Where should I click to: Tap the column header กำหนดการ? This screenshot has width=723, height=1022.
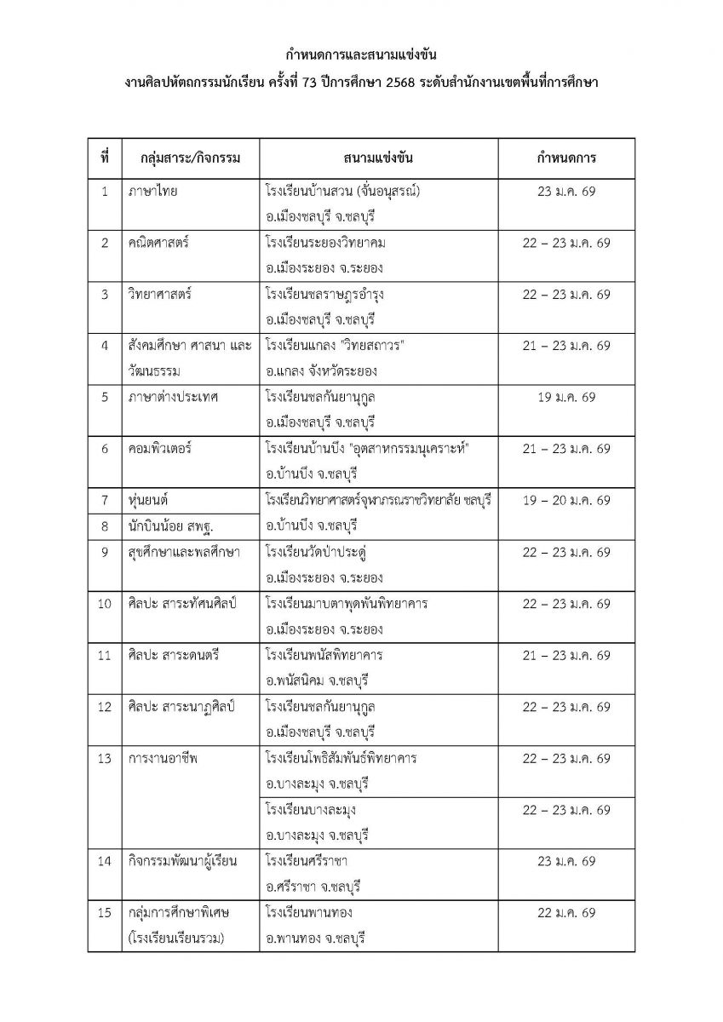[566, 158]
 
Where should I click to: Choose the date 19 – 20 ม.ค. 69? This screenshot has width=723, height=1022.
[566, 500]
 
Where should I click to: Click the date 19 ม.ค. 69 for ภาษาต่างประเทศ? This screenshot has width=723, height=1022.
[566, 397]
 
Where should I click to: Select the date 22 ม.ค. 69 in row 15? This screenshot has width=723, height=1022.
[566, 912]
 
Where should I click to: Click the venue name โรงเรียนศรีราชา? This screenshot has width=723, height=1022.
[306, 861]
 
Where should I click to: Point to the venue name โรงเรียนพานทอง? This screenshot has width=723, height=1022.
[308, 912]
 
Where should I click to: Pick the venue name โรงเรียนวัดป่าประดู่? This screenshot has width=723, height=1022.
[319, 552]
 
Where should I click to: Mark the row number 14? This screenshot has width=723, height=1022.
[104, 861]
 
